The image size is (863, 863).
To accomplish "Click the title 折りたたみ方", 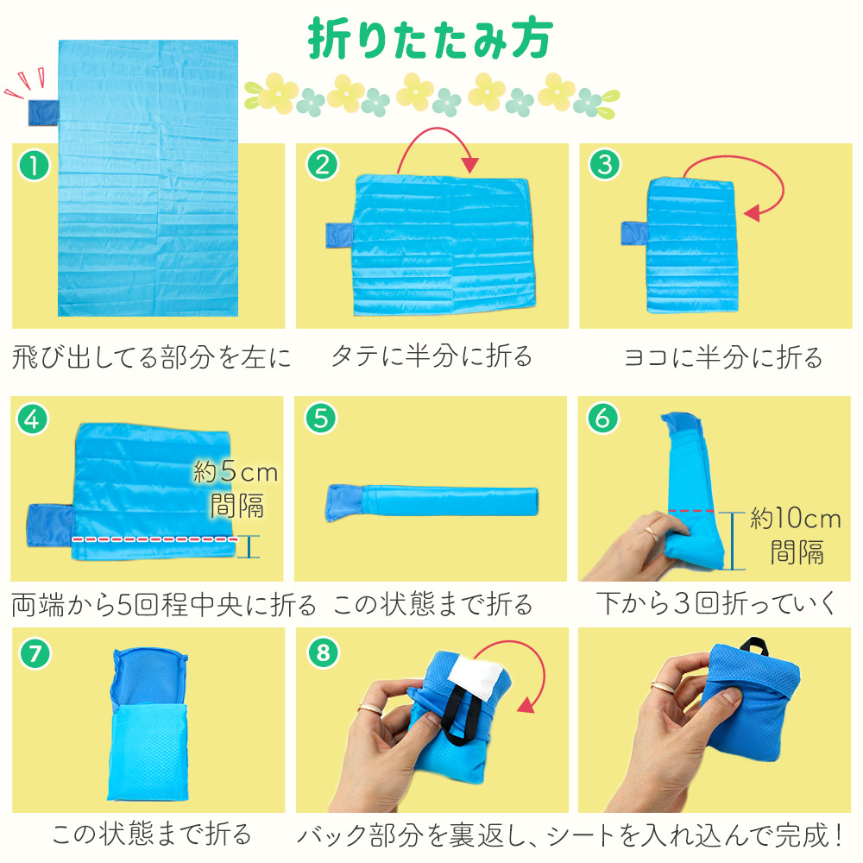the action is pyautogui.click(x=430, y=38).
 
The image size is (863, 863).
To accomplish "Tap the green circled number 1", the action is pyautogui.click(x=35, y=166).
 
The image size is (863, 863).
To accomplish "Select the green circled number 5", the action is pyautogui.click(x=321, y=419).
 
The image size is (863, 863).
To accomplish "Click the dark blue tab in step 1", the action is pyautogui.click(x=43, y=113).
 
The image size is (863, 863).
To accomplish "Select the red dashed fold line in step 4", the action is pyautogui.click(x=154, y=539).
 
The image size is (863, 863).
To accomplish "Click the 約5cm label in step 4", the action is pyautogui.click(x=236, y=472).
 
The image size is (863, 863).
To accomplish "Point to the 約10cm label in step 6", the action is pyautogui.click(x=796, y=519).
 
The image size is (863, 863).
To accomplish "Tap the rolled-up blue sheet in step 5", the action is pyautogui.click(x=432, y=501).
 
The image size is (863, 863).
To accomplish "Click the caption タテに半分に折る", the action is pyautogui.click(x=431, y=356).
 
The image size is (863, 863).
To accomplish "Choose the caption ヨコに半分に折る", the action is pyautogui.click(x=722, y=357).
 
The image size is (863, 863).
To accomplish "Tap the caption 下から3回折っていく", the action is pyautogui.click(x=716, y=603).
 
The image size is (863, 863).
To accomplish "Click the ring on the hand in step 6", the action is pyautogui.click(x=652, y=531).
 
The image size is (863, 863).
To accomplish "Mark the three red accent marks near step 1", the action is pyautogui.click(x=25, y=83).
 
